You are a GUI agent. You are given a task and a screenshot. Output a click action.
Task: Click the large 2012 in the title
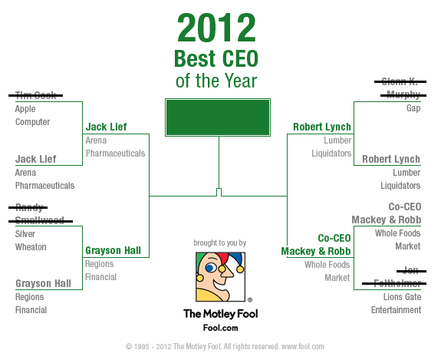[216, 28]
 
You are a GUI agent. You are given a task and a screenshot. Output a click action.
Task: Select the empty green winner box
[218, 117]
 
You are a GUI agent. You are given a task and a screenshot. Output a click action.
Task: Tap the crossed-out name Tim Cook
[36, 95]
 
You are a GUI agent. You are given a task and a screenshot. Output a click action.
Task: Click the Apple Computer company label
[32, 115]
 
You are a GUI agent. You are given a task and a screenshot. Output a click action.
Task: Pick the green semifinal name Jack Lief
[107, 127]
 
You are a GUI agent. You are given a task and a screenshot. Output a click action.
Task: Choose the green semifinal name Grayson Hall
[113, 250]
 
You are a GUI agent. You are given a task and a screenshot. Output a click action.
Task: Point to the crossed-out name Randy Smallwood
[41, 214]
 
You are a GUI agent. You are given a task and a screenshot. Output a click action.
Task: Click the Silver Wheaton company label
[31, 240]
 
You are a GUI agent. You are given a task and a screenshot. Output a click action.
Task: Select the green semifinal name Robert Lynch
[322, 127]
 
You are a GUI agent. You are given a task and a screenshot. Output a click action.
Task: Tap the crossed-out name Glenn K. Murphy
[400, 88]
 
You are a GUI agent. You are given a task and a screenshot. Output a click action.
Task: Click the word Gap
[413, 108]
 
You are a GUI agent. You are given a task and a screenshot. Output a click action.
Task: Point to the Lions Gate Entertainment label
[396, 303]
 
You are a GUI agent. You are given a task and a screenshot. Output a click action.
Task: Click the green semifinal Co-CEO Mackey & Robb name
[316, 245]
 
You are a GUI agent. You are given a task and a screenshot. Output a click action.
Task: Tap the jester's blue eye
[211, 267]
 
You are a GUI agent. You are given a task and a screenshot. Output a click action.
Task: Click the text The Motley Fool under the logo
[221, 313]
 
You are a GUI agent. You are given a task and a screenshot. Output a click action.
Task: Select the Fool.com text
[221, 328]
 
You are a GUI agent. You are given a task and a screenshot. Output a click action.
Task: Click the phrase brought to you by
[220, 243]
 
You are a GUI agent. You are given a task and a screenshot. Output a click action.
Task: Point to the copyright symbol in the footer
[129, 346]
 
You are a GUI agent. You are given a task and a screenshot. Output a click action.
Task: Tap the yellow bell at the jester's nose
[222, 269]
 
